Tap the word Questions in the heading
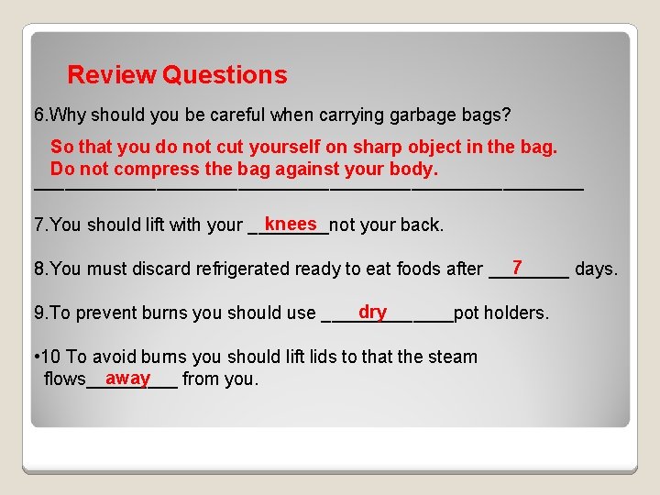point(225,75)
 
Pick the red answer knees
point(291,224)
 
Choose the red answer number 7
point(517,267)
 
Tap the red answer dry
point(373,312)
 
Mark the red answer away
point(127,378)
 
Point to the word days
point(596,269)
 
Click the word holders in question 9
point(515,313)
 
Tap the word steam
point(453,357)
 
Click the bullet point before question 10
point(35,357)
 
